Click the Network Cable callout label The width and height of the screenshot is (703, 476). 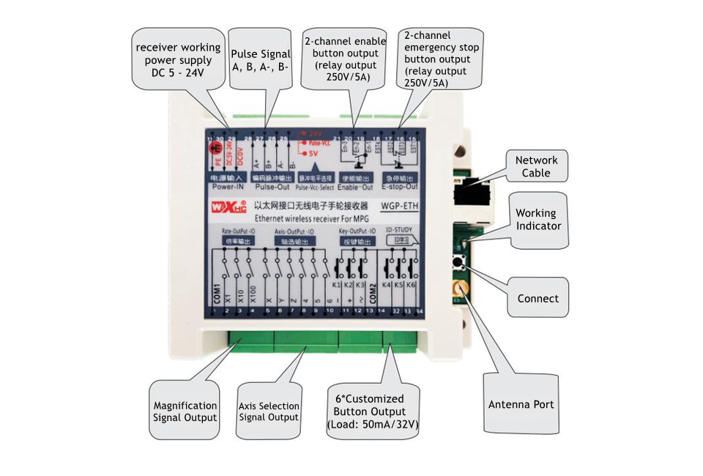point(536,166)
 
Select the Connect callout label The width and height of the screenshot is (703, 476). point(538,299)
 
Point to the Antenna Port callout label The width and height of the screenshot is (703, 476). point(521,404)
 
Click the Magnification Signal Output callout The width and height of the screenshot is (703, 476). point(185,411)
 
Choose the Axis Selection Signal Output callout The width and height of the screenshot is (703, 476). point(269,412)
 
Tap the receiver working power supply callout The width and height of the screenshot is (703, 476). point(178,61)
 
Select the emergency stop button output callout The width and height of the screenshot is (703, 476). point(441,59)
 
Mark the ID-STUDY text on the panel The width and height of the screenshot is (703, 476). point(399,230)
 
